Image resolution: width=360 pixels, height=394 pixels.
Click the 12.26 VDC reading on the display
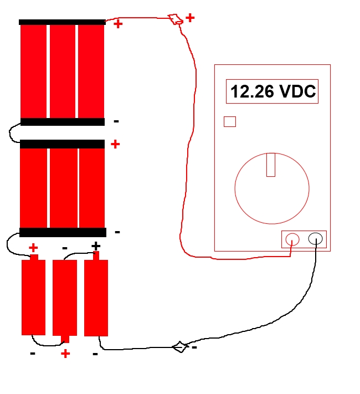[272, 91]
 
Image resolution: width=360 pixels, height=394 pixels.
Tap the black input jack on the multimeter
[316, 239]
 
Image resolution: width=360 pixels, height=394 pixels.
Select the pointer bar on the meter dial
[271, 165]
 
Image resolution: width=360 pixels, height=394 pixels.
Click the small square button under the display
[229, 121]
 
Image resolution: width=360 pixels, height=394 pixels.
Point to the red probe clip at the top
[176, 20]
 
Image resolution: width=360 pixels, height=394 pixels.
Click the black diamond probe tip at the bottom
[179, 347]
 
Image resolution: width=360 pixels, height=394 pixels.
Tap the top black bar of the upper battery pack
[62, 22]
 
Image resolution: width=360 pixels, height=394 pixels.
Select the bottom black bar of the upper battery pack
[62, 122]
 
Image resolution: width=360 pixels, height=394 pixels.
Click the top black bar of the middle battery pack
[62, 144]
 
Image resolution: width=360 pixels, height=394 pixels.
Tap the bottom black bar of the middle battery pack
[63, 232]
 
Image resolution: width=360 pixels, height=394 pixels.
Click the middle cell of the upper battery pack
[63, 71]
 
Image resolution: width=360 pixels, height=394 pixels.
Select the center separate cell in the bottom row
[64, 298]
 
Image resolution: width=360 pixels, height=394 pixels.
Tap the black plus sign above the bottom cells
[96, 245]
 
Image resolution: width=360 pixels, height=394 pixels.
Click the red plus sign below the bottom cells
[65, 354]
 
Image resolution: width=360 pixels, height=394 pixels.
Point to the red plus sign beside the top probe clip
[190, 18]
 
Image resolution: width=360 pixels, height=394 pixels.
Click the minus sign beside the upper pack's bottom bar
[116, 121]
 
